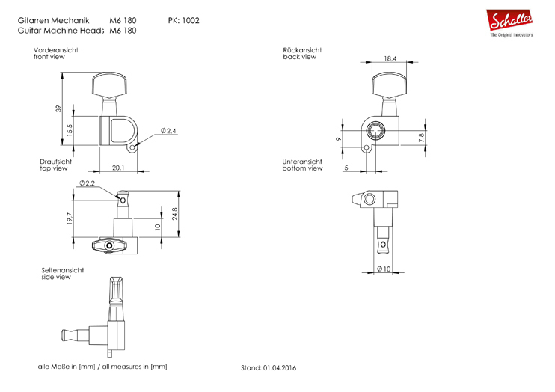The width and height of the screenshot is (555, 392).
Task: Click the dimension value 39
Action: [58, 109]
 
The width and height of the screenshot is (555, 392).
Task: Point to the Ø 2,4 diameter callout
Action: [168, 131]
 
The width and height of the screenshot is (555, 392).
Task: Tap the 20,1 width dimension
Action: [119, 168]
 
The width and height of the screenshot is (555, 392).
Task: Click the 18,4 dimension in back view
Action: [390, 58]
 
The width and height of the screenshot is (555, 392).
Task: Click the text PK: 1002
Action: [183, 20]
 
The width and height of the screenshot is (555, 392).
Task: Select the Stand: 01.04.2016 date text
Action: [269, 368]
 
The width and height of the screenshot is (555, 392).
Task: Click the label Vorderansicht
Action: [56, 50]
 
